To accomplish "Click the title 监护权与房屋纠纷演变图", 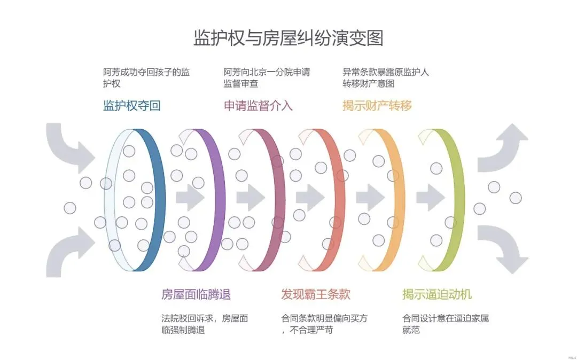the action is click(x=288, y=38).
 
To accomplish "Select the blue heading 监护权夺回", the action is click(x=131, y=106).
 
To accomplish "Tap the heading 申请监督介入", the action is click(x=258, y=106).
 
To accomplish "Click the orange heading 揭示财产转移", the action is click(x=377, y=106).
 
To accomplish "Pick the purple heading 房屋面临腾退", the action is click(x=196, y=294).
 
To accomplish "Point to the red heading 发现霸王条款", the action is click(x=316, y=294).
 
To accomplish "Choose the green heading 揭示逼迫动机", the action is click(x=437, y=294).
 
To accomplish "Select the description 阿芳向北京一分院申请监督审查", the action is click(x=267, y=77).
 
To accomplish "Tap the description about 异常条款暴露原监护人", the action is click(x=386, y=77).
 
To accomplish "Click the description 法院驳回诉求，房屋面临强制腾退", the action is click(x=205, y=324).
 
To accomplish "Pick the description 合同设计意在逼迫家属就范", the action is click(x=446, y=324).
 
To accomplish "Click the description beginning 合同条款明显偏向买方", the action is click(x=324, y=324).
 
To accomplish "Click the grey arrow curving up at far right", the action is click(x=504, y=147).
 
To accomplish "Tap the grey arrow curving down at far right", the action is click(x=504, y=248).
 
